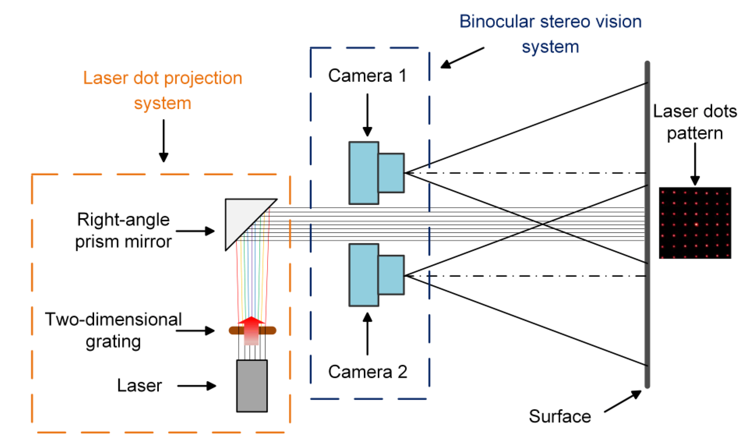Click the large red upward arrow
(x=251, y=330)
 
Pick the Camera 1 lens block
(x=391, y=173)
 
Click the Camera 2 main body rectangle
(x=364, y=275)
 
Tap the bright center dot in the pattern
(x=696, y=224)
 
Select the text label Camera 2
(x=367, y=372)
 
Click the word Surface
(x=560, y=416)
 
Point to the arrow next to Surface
(x=623, y=401)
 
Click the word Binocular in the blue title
(x=496, y=22)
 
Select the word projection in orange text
(x=203, y=78)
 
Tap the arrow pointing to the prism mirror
(x=195, y=231)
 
